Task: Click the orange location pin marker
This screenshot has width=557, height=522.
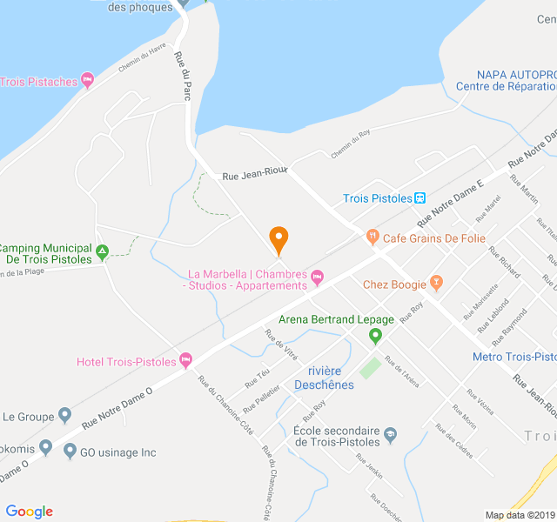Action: click(x=278, y=238)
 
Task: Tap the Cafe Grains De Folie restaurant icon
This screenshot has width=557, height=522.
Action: click(x=372, y=237)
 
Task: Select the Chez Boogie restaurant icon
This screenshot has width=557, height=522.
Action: click(x=436, y=284)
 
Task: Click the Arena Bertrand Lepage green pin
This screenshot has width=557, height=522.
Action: click(x=375, y=335)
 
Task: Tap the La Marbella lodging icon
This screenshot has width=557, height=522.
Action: click(x=317, y=278)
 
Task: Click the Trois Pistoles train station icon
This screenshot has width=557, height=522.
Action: click(x=420, y=198)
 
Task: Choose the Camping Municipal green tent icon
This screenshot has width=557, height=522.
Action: click(x=102, y=253)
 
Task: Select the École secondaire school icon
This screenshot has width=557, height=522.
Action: click(x=390, y=434)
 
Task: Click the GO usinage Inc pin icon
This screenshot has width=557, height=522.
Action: click(x=69, y=452)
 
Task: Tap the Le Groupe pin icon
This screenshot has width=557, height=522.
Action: click(x=64, y=416)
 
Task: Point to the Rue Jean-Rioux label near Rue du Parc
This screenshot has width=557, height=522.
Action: click(x=254, y=176)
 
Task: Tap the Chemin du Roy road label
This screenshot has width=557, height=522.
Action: click(x=351, y=144)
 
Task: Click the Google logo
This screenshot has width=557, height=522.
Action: click(x=30, y=512)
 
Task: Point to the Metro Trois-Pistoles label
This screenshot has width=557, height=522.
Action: click(x=513, y=357)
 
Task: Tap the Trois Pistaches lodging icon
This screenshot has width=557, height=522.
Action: click(x=87, y=81)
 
